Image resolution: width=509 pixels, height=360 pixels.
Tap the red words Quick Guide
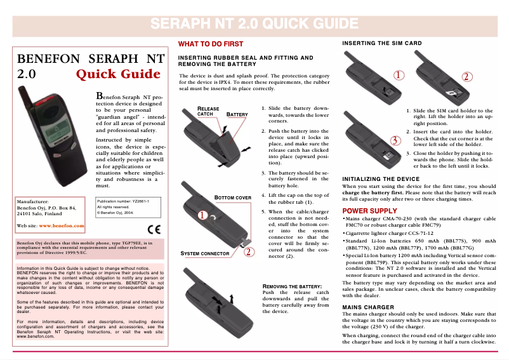[x=118, y=74]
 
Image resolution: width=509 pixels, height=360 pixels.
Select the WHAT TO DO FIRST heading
[x=210, y=44]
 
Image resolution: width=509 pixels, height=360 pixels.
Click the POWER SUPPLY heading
[x=369, y=211]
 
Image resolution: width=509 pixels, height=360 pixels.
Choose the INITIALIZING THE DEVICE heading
[x=381, y=179]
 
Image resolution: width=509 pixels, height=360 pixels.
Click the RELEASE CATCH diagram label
[x=209, y=111]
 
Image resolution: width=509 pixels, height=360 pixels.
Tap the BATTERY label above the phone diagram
[x=237, y=115]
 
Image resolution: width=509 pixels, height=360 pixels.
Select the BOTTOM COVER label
[x=233, y=197]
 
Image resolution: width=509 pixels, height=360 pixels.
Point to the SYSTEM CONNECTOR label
[x=205, y=253]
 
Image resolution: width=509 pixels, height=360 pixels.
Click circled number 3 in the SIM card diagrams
[x=395, y=139]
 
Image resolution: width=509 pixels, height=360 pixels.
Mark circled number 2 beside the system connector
[x=249, y=251]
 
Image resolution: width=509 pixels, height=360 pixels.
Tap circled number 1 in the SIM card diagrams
[x=398, y=75]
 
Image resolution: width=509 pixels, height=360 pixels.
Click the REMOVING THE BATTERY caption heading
[x=291, y=287]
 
